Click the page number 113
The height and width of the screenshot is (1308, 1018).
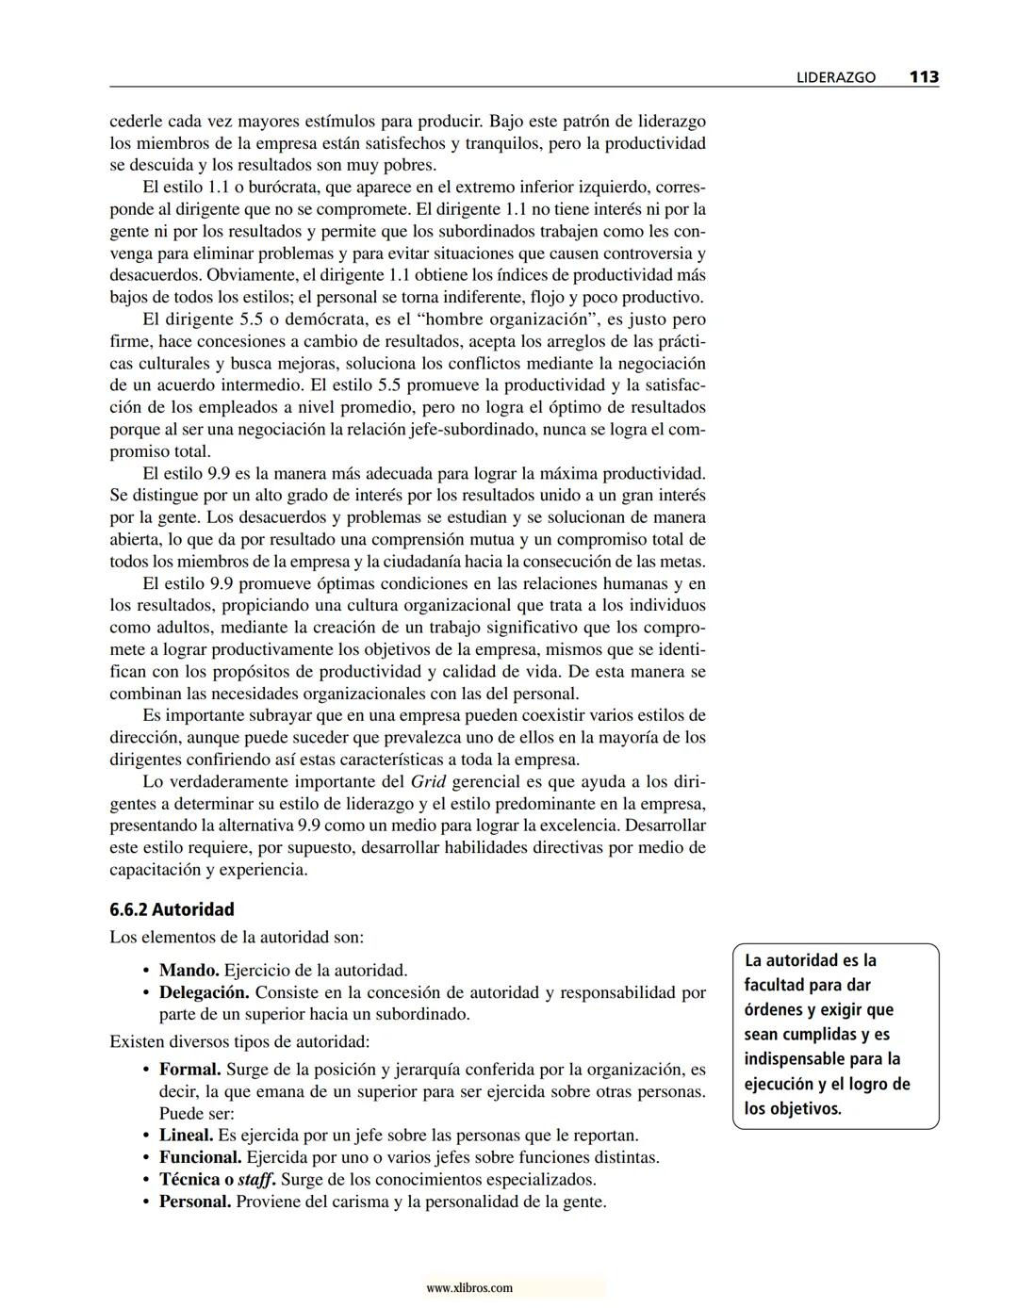point(923,77)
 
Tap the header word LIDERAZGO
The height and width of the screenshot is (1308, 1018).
point(835,78)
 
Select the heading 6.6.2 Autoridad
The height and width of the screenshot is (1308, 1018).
point(172,909)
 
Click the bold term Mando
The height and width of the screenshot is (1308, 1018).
point(189,970)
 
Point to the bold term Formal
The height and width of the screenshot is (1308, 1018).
point(189,1070)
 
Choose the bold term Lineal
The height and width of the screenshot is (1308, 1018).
point(186,1136)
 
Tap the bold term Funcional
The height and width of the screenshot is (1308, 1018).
point(200,1157)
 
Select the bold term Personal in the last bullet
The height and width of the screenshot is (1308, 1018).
point(194,1202)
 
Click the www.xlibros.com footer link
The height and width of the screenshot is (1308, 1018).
point(469,1288)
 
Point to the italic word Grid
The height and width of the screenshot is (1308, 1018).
point(429,781)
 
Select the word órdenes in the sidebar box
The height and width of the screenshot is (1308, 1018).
point(772,1010)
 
